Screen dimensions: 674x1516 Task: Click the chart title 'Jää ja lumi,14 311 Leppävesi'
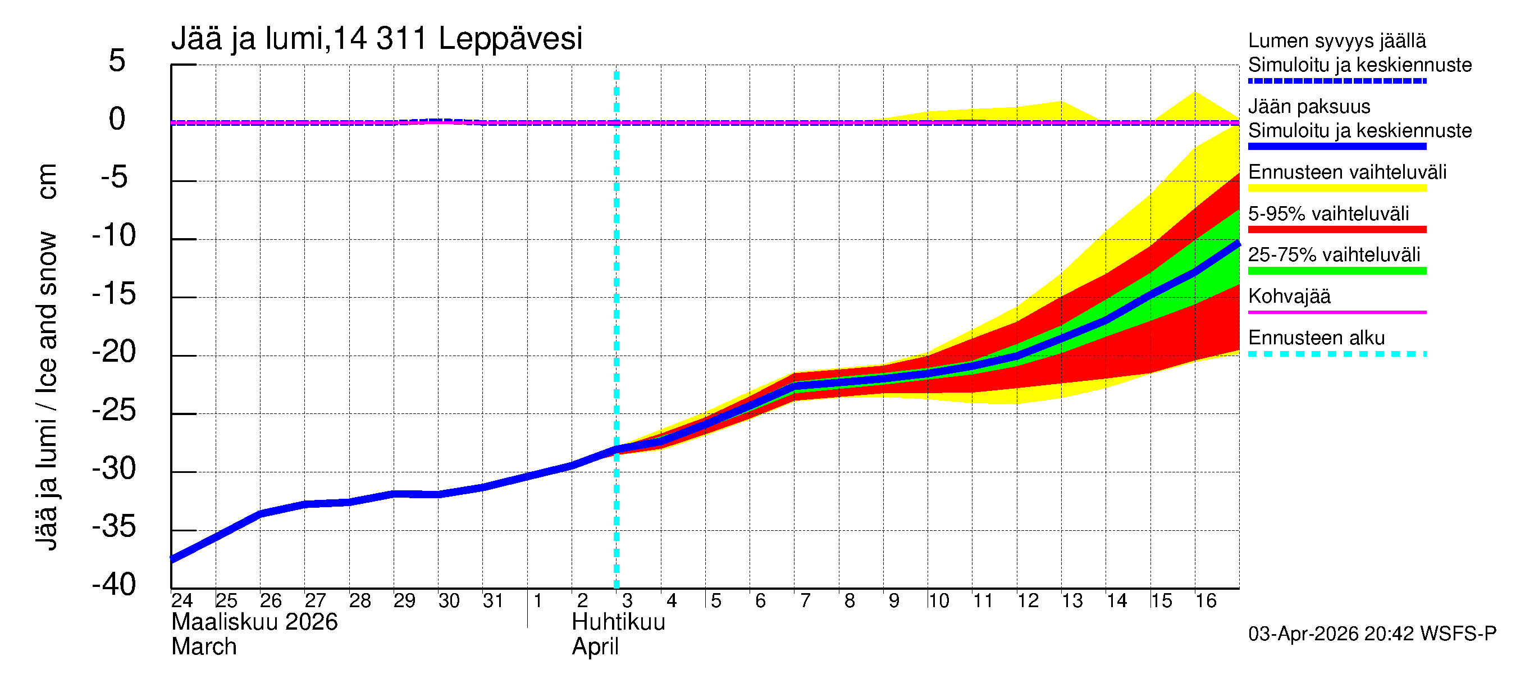pos(377,39)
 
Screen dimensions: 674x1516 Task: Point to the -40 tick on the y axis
pos(114,585)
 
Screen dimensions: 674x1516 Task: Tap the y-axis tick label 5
pos(117,61)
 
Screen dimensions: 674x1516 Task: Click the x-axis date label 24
pos(182,600)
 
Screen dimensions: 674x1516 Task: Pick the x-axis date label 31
pos(492,600)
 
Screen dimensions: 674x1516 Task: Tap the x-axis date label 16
pos(1206,600)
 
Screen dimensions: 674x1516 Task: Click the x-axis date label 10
pos(938,600)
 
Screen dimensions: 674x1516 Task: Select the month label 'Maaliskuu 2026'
pos(254,622)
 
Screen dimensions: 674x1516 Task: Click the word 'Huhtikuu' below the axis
pos(618,622)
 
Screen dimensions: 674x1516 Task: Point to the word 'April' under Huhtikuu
pos(595,647)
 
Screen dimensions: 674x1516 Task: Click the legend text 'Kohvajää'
pos(1289,296)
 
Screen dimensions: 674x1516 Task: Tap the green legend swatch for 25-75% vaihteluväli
pos(1336,271)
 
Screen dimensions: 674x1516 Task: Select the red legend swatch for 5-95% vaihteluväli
pos(1336,230)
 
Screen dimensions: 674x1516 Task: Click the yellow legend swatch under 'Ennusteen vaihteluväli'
pos(1336,188)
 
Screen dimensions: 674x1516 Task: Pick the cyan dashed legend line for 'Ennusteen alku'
pos(1336,354)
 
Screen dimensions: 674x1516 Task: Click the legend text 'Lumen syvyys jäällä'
pos(1336,40)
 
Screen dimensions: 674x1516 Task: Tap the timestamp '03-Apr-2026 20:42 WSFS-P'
pos(1372,634)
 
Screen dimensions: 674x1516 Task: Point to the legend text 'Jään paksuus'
pos(1309,107)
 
